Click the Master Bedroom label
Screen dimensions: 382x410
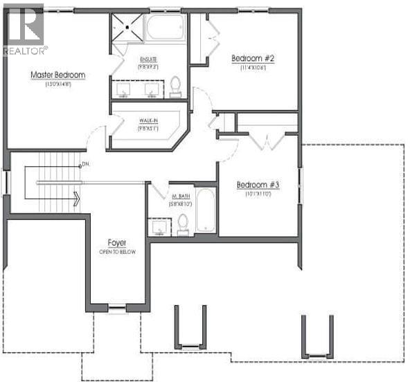(x=57, y=74)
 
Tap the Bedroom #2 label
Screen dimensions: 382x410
(x=253, y=59)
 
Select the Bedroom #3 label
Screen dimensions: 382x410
(x=258, y=185)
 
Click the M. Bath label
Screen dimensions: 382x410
(x=181, y=197)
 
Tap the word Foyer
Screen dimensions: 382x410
(x=116, y=242)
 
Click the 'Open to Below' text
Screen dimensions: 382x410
(x=116, y=252)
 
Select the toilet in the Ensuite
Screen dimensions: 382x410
(x=175, y=85)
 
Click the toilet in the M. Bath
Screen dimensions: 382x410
(x=183, y=223)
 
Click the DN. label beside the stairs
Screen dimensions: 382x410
(x=86, y=164)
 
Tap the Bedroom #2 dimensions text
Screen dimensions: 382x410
(x=253, y=69)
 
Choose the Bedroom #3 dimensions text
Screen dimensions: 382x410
(x=258, y=194)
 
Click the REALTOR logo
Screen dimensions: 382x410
(x=24, y=30)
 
